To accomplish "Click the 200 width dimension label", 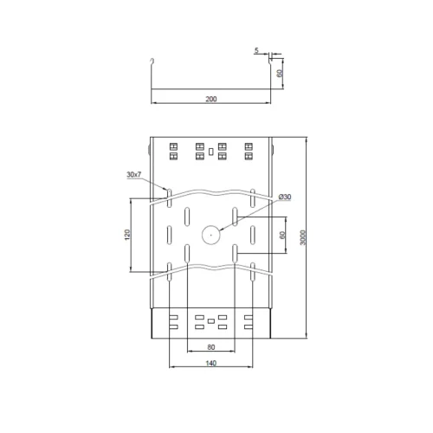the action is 211,99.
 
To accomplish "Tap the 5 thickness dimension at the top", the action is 256,50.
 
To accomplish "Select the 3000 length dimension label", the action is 302,237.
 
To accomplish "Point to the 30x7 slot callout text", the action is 134,174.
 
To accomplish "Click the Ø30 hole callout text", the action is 285,197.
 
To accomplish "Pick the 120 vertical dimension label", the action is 127,235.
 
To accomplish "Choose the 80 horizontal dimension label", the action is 211,347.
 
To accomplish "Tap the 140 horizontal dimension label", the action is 211,363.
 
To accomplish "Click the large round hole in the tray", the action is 211,236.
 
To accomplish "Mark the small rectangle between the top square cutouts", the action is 211,152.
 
